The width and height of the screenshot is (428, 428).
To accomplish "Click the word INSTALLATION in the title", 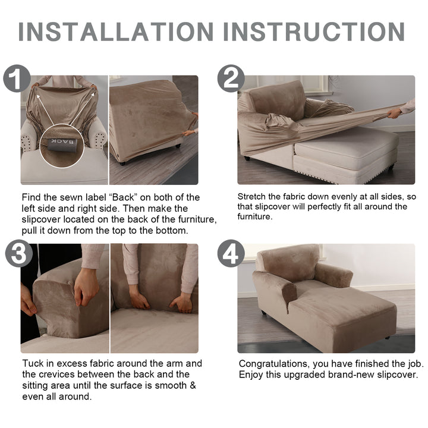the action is (116, 32).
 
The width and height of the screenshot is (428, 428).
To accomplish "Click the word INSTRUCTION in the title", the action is (314, 32).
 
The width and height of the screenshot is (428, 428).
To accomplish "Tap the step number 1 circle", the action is (17, 78).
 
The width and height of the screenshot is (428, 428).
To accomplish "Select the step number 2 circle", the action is (231, 78).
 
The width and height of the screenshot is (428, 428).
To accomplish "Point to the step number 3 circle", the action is (19, 253).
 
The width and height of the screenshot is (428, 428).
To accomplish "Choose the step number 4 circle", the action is (231, 253).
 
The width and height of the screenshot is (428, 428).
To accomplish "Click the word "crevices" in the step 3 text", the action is (57, 374).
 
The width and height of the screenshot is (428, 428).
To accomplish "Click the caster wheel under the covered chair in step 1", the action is (122, 163).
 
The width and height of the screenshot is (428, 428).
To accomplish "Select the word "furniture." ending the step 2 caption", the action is (255, 217).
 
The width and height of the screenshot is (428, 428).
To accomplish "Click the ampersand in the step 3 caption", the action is (193, 385).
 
